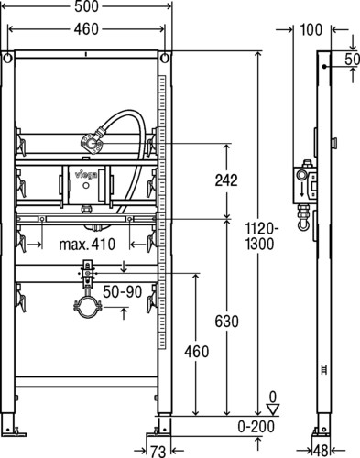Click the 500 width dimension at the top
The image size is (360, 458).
click(87, 6)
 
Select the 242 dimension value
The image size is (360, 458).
click(226, 180)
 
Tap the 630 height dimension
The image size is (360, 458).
click(226, 322)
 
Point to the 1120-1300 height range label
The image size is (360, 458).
click(260, 235)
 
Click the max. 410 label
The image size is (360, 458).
click(87, 245)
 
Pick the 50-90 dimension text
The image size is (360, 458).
click(123, 292)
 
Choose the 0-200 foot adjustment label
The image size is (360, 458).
click(256, 427)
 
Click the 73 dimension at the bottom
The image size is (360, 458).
click(158, 452)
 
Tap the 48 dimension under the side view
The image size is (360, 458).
click(321, 452)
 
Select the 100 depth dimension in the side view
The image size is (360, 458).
click(311, 30)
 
